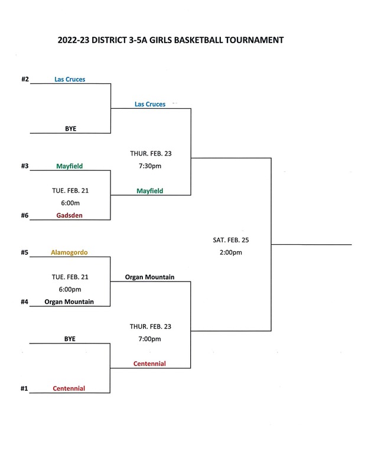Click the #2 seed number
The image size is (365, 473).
click(25, 79)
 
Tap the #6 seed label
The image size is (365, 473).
click(25, 215)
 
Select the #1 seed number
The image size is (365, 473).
click(24, 388)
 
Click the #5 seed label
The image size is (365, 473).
click(25, 252)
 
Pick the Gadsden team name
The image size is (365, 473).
click(69, 215)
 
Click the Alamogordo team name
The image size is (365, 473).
click(69, 252)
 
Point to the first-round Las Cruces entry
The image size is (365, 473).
click(70, 79)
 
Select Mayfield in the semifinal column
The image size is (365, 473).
click(150, 191)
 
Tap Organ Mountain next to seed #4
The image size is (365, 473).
click(69, 302)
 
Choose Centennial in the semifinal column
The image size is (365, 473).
click(149, 364)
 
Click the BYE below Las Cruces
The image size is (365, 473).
click(70, 128)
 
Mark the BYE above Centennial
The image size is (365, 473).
click(70, 339)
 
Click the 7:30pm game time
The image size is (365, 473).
click(150, 166)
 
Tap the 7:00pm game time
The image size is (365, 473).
click(150, 339)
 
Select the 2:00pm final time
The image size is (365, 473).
click(231, 252)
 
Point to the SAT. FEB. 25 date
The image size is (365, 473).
click(231, 240)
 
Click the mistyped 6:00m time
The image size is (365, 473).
click(70, 203)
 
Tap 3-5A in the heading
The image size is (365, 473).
click(138, 40)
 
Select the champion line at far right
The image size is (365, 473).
click(311, 244)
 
